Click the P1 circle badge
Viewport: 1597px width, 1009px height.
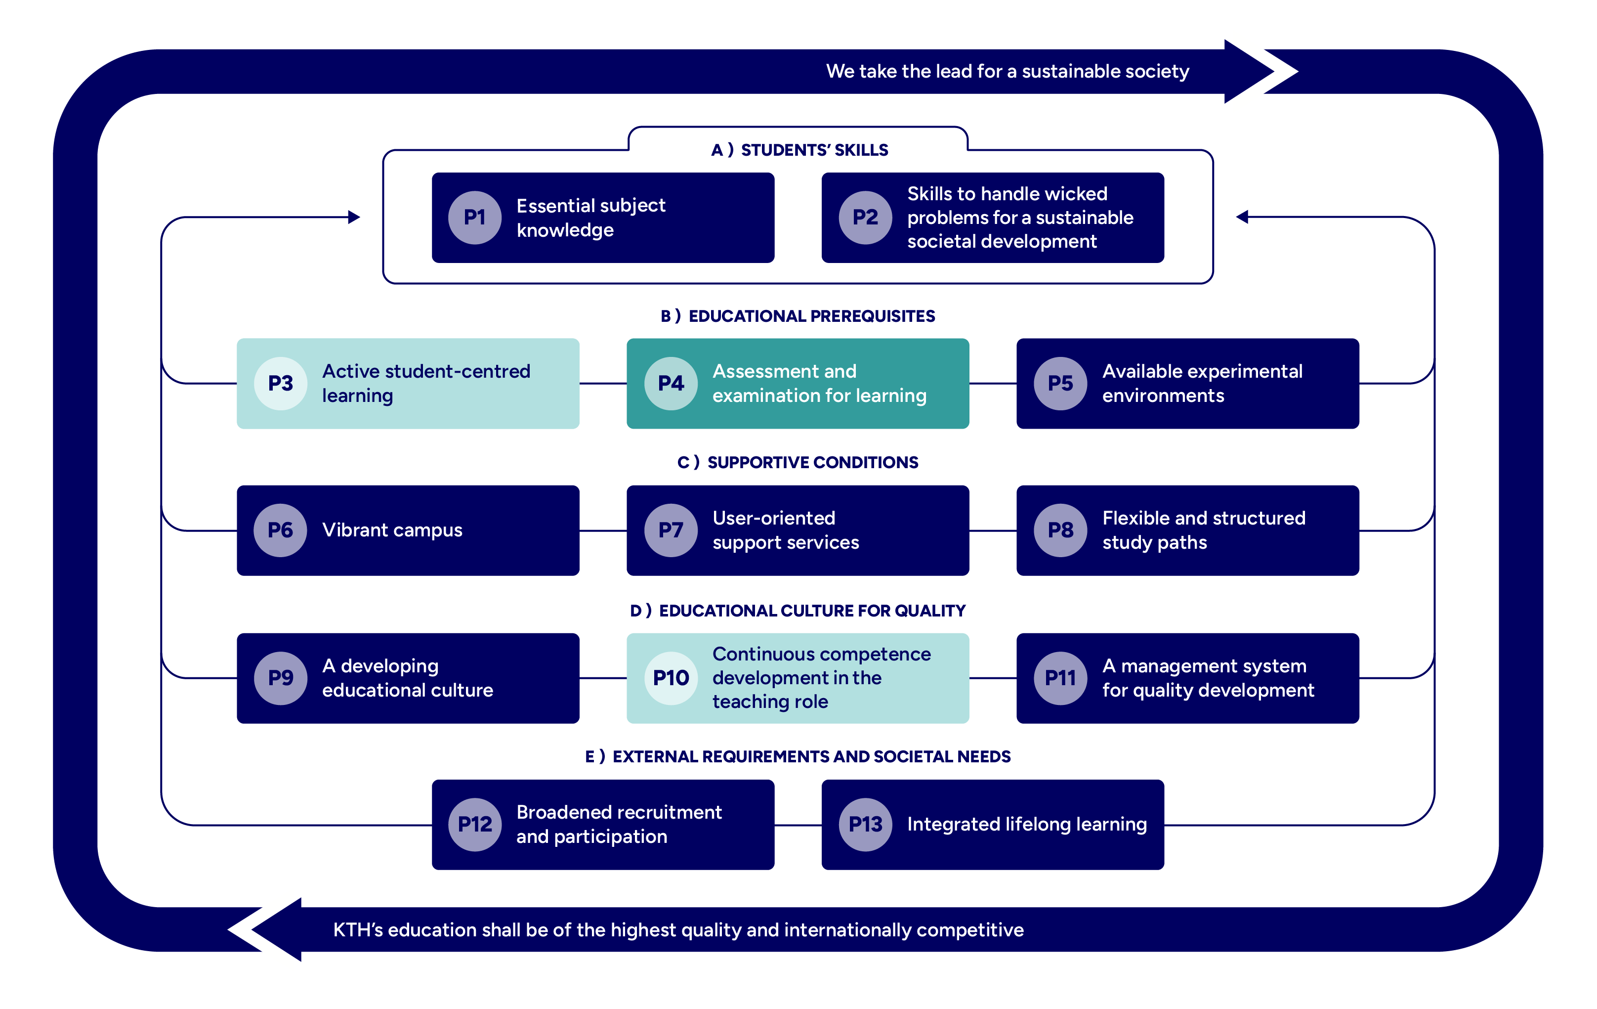tap(474, 218)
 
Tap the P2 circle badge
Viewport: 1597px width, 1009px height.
tap(865, 218)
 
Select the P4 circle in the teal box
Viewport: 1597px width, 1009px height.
tap(671, 384)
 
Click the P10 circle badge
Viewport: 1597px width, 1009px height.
tap(671, 678)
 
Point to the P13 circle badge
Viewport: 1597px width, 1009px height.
tap(865, 825)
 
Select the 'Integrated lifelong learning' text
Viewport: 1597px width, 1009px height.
tap(1027, 825)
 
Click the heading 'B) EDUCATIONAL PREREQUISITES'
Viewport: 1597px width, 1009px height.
tap(798, 316)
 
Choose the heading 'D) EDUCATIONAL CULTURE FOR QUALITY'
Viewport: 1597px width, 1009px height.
tap(798, 611)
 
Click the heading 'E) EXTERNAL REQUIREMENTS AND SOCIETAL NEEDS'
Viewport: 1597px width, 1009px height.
tap(798, 757)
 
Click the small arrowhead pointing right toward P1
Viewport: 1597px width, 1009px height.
tap(354, 217)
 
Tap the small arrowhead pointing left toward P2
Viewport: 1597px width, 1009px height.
tap(1242, 217)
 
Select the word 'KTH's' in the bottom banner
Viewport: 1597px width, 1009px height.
tap(358, 930)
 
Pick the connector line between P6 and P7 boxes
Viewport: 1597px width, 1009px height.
tap(603, 531)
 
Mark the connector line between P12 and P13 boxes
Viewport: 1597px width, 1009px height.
tap(798, 825)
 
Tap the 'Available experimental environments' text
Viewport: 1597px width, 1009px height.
tap(1202, 384)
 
